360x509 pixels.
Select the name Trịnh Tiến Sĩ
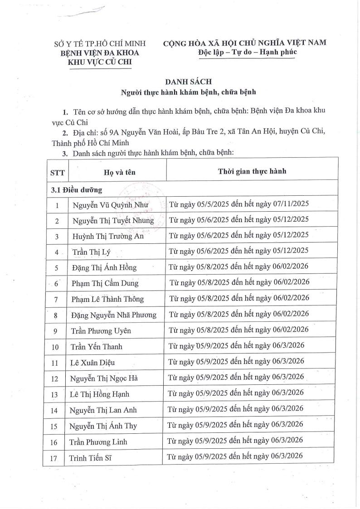[x=91, y=458]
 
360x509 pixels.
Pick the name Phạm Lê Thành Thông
[x=107, y=299]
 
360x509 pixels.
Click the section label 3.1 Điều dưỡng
[x=76, y=189]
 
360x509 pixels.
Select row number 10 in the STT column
[x=55, y=347]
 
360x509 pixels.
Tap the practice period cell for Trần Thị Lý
[x=238, y=251]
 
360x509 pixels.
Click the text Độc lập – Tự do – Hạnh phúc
[x=247, y=53]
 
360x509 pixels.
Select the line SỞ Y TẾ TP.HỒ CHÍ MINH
[x=100, y=44]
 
